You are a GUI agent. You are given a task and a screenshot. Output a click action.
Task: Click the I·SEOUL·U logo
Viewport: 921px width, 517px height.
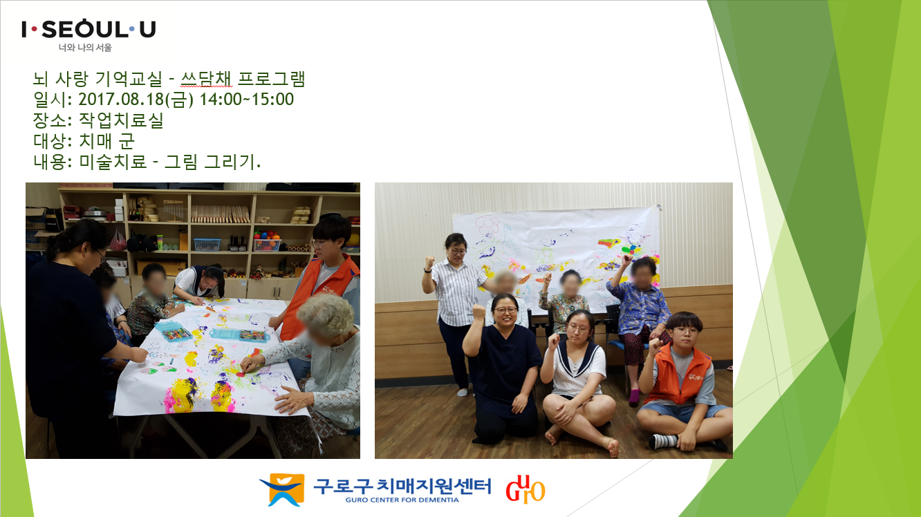pos(89,29)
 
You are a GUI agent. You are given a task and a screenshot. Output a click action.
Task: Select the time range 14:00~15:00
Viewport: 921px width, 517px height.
pos(246,100)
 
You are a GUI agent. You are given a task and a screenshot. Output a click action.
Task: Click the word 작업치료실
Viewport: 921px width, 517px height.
pos(121,120)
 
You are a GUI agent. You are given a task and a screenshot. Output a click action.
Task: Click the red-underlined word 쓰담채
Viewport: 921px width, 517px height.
pos(206,79)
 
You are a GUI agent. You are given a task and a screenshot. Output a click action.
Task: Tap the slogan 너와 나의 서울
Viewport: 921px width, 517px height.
pos(85,48)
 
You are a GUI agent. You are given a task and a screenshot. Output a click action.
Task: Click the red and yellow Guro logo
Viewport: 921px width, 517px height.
pos(525,489)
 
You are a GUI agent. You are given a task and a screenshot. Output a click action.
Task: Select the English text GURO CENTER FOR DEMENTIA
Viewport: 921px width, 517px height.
pos(402,500)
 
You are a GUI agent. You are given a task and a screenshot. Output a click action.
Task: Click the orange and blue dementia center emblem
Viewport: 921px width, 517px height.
pos(282,489)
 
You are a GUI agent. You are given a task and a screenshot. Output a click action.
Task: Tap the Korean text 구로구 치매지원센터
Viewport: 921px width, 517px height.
pos(402,486)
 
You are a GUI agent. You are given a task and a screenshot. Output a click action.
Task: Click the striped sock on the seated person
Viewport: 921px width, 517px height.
pos(663,442)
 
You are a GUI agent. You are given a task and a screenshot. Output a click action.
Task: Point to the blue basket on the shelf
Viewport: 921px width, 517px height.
pos(207,245)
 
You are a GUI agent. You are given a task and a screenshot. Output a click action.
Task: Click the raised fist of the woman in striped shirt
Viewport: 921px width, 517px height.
pos(429,261)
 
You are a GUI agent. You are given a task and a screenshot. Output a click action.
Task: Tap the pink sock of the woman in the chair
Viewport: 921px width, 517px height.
pos(635,397)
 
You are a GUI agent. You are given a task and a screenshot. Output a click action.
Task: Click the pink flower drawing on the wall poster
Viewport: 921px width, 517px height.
pos(487,225)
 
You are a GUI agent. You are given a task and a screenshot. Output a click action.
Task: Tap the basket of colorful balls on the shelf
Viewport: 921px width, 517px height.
pos(268,243)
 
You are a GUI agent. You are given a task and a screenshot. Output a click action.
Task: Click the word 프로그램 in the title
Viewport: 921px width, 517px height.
pos(271,79)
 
